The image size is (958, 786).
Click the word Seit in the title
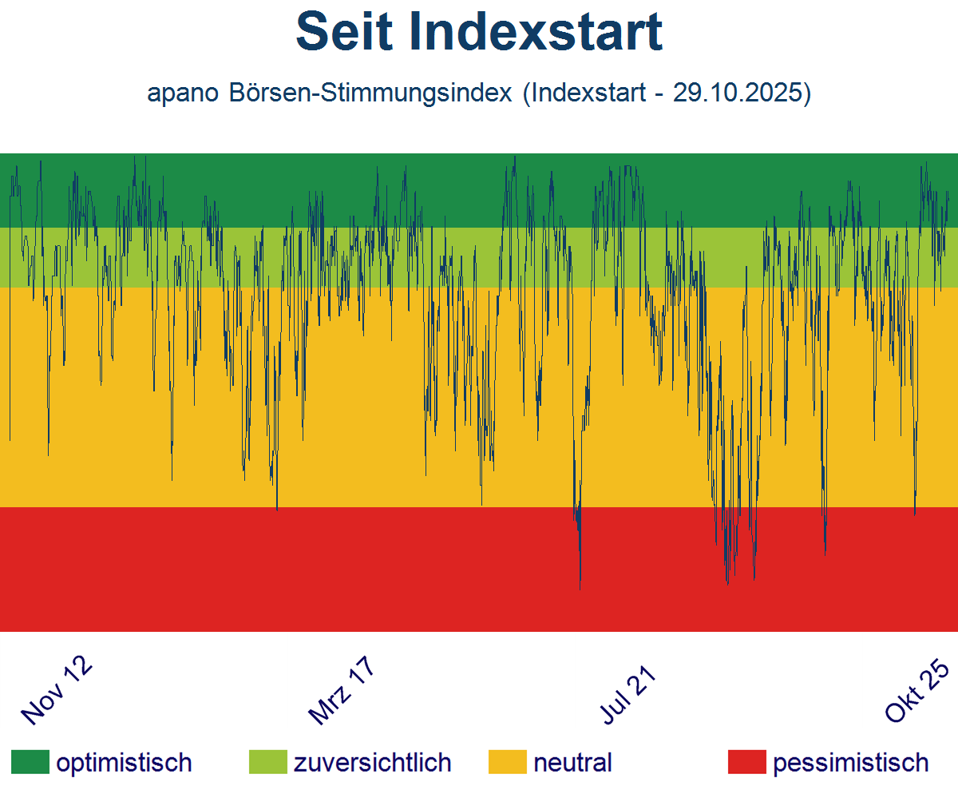(343, 32)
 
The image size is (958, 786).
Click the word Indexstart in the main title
(535, 32)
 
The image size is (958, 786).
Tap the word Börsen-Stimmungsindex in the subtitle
(370, 93)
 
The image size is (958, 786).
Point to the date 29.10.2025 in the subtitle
(737, 93)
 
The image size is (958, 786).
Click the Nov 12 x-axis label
(56, 692)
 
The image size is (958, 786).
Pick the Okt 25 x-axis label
(918, 692)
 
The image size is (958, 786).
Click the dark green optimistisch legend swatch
(30, 762)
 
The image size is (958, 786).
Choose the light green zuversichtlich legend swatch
(268, 762)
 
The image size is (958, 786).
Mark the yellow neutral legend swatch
(508, 762)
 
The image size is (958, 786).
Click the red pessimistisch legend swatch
(747, 762)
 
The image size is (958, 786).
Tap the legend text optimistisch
(124, 762)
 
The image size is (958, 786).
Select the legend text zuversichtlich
(372, 762)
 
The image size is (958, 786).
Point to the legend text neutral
(572, 762)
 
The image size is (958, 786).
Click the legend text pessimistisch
(851, 762)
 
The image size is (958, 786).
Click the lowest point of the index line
(580, 589)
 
